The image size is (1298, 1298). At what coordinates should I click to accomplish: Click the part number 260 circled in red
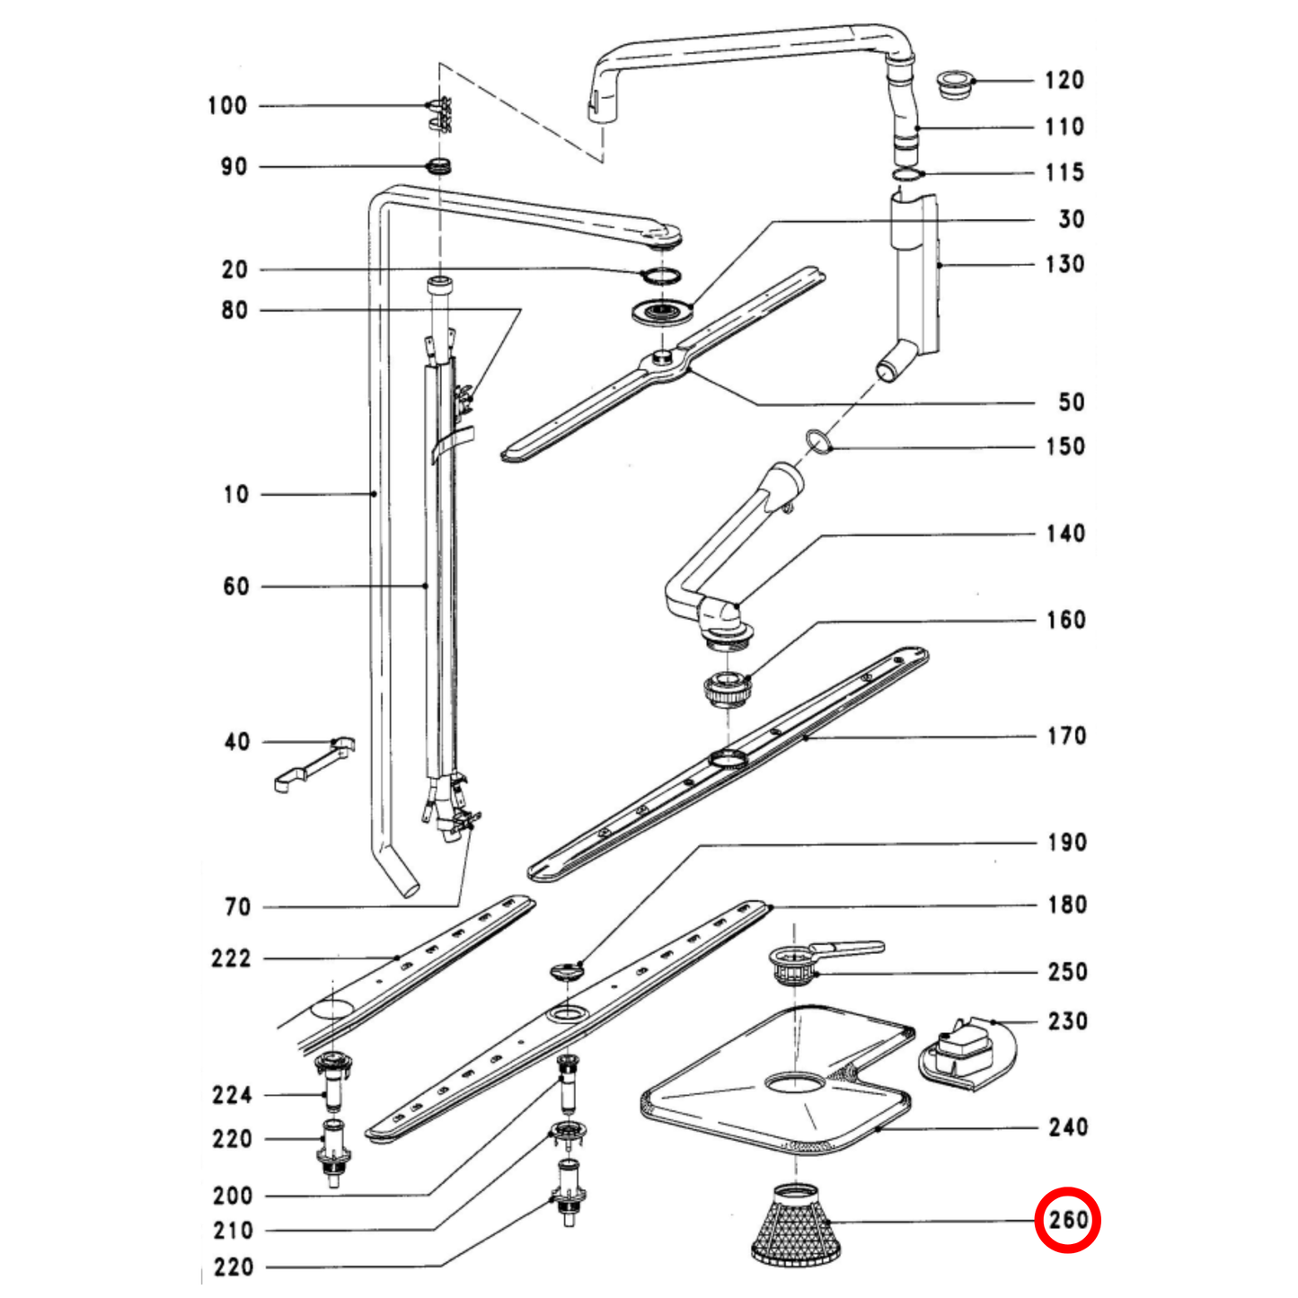tap(1066, 1220)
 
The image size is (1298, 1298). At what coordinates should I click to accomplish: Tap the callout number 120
tap(1064, 81)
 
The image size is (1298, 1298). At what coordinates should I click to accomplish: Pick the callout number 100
tap(227, 106)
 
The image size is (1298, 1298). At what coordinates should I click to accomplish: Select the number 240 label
tap(1067, 1127)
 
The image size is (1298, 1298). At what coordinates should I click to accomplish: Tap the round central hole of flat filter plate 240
tap(794, 1082)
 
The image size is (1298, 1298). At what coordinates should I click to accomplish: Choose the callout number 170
tap(1066, 737)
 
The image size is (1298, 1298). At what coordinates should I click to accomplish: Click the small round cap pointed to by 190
tap(566, 971)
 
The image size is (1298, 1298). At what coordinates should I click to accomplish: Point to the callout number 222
tap(232, 958)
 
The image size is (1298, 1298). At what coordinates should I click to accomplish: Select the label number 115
tap(1064, 172)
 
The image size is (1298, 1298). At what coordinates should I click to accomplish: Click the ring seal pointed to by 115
tap(908, 173)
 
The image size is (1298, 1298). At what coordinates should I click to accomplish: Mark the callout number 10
tap(236, 494)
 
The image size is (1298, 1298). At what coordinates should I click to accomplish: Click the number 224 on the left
tap(232, 1095)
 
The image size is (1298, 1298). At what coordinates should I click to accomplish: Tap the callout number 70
tap(238, 907)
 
